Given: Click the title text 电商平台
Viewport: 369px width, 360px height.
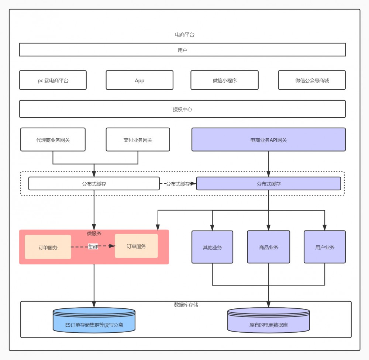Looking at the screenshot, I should [x=184, y=35].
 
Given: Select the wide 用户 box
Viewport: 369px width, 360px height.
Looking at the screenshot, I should [x=182, y=50].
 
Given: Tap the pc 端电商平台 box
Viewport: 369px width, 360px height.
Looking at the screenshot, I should [x=53, y=80].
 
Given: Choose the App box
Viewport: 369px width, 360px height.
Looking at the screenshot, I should [x=139, y=80].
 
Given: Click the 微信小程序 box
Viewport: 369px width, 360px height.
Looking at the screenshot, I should [x=224, y=80].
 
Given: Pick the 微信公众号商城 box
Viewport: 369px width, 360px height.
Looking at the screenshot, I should [x=312, y=80].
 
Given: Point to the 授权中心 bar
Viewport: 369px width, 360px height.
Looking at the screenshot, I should [x=182, y=109].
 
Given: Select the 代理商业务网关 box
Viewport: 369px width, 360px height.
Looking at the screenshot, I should [x=53, y=140].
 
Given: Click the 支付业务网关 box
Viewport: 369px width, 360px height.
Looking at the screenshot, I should [x=138, y=140].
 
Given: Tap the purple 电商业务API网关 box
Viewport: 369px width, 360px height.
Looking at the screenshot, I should [x=268, y=140].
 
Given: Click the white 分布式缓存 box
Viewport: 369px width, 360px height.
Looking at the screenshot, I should [x=94, y=184].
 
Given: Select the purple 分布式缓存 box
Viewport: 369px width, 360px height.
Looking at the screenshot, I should [x=268, y=184].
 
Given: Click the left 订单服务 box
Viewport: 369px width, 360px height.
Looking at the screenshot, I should [x=48, y=247].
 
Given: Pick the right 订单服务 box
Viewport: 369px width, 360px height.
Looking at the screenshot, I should [x=136, y=246].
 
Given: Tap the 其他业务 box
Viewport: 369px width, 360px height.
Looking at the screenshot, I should [x=212, y=247].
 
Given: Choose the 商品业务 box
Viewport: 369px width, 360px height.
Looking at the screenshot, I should [x=268, y=247].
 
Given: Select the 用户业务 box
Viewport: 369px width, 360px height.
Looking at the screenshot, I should [x=325, y=247].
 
